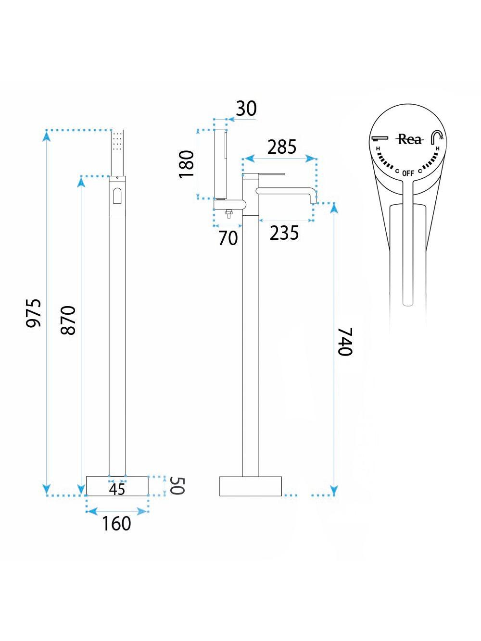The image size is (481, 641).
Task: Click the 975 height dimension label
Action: pyautogui.click(x=34, y=313)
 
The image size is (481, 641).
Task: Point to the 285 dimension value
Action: pyautogui.click(x=282, y=147)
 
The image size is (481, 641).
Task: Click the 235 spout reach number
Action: pyautogui.click(x=284, y=233)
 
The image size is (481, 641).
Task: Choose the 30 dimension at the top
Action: pyautogui.click(x=246, y=108)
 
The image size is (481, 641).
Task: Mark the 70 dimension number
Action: pyautogui.click(x=228, y=238)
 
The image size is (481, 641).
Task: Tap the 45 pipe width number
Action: pyautogui.click(x=117, y=489)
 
